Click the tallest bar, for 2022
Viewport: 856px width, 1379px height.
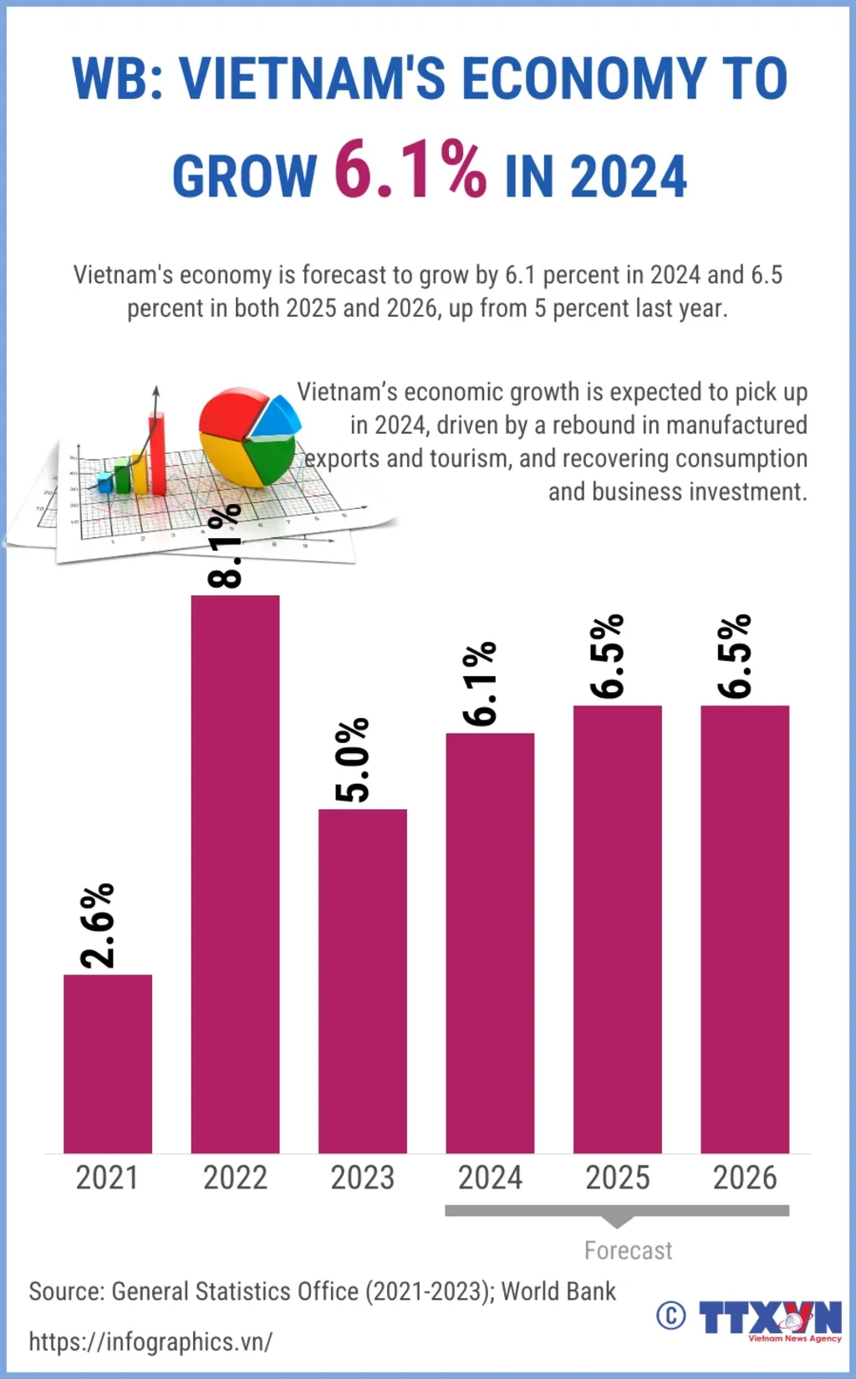pyautogui.click(x=235, y=873)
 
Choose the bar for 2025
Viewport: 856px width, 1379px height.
pyautogui.click(x=617, y=929)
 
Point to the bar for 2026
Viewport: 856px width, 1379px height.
pyautogui.click(x=745, y=929)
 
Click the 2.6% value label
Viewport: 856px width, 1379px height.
pyautogui.click(x=98, y=925)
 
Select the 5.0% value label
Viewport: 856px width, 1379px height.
pyautogui.click(x=352, y=760)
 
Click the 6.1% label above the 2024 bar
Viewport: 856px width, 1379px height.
pyautogui.click(x=480, y=684)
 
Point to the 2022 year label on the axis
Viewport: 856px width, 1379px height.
pyautogui.click(x=235, y=1178)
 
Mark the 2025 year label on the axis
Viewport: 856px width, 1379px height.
pyautogui.click(x=617, y=1178)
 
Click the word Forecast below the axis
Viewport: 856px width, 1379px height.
pyautogui.click(x=628, y=1250)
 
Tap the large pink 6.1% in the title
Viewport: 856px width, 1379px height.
pyautogui.click(x=410, y=170)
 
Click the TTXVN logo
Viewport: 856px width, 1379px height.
pyautogui.click(x=770, y=1319)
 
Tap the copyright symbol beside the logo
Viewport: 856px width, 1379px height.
pyautogui.click(x=670, y=1315)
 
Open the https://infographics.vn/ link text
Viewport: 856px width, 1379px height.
pyautogui.click(x=150, y=1341)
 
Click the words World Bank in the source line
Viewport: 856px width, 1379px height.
pyautogui.click(x=558, y=1291)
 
